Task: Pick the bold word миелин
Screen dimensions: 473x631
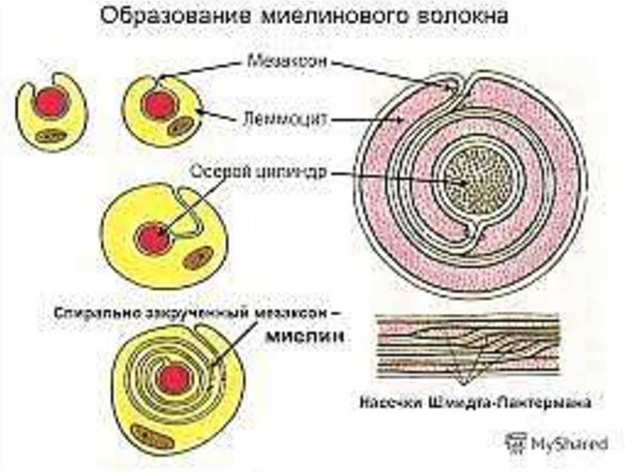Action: click(x=306, y=337)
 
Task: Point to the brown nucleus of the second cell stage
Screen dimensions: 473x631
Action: click(x=179, y=126)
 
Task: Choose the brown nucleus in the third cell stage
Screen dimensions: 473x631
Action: click(x=198, y=258)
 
